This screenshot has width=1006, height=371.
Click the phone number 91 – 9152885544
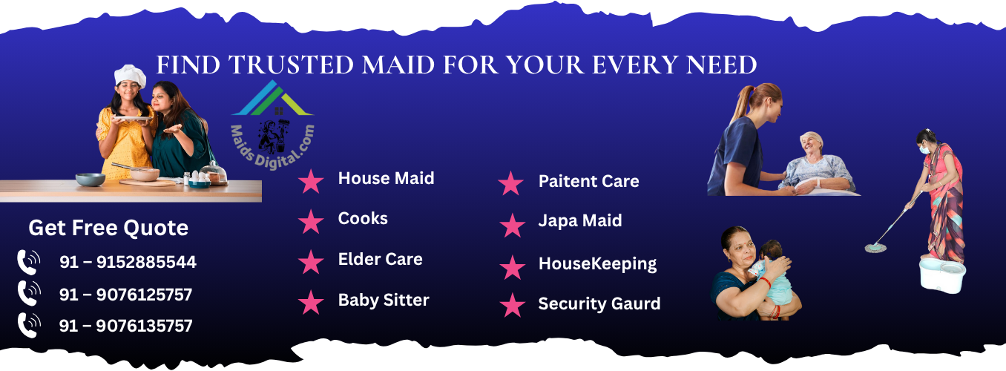pos(128,263)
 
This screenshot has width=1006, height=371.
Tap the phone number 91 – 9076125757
pos(126,295)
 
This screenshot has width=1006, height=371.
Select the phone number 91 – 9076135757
pos(126,326)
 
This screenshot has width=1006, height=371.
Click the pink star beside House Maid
pos(311,181)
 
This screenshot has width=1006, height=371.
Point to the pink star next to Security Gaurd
pos(513,305)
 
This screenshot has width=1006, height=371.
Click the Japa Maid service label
pos(580,220)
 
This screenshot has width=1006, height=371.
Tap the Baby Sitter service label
pos(384,300)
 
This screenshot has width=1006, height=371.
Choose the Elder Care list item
pos(381,259)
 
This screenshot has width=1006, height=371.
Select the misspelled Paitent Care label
pos(589,181)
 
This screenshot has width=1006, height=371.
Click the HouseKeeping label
pos(598,263)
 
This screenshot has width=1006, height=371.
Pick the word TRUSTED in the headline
pos(291,65)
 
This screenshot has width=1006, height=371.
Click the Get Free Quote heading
pos(108,228)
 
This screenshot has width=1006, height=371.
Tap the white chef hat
pos(130,75)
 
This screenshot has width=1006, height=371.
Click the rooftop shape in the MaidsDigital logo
pos(272,99)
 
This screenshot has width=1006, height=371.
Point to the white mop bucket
pos(942,274)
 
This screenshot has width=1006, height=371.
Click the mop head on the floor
pos(875,248)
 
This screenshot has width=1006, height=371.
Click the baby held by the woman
pos(773,274)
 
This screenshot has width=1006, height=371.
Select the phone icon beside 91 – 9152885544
pos(29,263)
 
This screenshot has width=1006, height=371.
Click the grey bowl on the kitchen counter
pos(91,180)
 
